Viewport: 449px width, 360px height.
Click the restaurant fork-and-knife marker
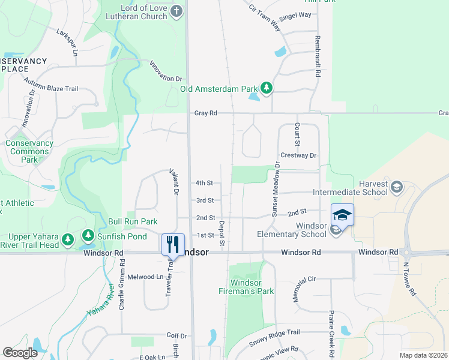172,244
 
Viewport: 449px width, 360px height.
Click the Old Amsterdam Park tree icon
266,89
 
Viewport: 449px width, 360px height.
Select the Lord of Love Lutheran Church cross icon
176,11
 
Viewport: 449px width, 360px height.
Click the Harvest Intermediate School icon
396,188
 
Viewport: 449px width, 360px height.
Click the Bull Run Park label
133,221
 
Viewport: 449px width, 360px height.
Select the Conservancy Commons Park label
29,152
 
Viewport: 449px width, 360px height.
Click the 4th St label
205,183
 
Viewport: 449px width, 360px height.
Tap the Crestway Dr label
298,155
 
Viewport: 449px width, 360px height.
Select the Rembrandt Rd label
316,57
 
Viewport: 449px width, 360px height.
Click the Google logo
20,352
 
